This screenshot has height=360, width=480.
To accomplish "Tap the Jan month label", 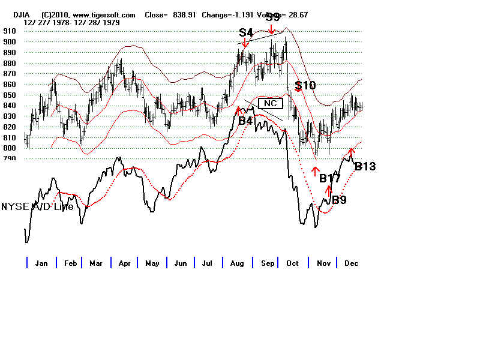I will pyautogui.click(x=41, y=263).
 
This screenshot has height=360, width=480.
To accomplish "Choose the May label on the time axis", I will pyautogui.click(x=152, y=263).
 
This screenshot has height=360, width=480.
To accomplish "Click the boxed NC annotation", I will pyautogui.click(x=270, y=103).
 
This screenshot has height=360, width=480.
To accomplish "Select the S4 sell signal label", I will pyautogui.click(x=246, y=32).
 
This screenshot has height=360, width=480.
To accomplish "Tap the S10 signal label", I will pyautogui.click(x=305, y=85).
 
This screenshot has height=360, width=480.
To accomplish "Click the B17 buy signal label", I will pyautogui.click(x=330, y=178).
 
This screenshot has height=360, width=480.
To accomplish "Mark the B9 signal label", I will pyautogui.click(x=339, y=200).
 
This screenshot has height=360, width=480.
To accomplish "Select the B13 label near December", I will pyautogui.click(x=365, y=166).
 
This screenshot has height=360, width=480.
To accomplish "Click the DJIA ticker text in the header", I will pyautogui.click(x=23, y=14).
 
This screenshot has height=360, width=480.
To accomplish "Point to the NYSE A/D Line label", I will pyautogui.click(x=37, y=206).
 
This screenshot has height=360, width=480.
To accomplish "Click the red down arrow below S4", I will pyautogui.click(x=245, y=43).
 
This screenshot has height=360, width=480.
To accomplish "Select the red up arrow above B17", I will pyautogui.click(x=315, y=172).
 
